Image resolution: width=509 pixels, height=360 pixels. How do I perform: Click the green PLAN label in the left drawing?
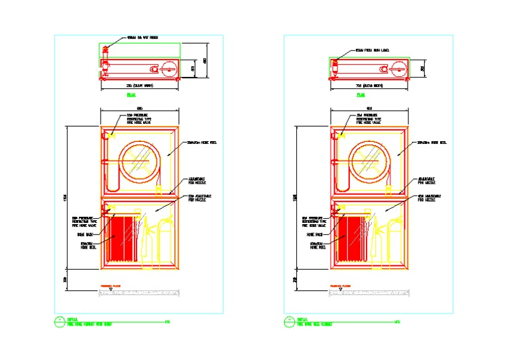[131, 95]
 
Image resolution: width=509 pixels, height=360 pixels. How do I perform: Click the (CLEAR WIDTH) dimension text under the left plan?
[139, 86]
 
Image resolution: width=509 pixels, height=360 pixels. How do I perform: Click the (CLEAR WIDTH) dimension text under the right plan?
[369, 86]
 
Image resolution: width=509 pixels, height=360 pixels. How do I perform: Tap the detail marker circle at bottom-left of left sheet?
[58, 322]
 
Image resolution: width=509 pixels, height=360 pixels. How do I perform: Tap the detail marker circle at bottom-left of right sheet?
[289, 322]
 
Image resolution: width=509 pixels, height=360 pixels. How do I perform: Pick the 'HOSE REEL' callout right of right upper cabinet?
[431, 143]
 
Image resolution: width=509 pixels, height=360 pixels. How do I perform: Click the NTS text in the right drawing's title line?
[397, 322]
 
